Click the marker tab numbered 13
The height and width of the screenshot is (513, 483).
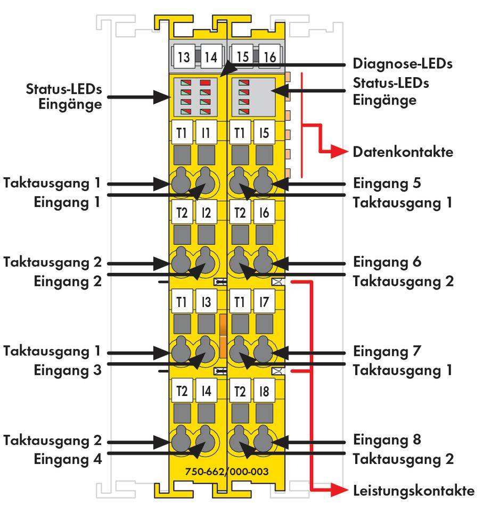coord(183,57)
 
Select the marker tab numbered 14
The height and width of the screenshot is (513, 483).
coord(211,57)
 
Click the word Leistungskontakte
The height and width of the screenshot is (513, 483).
coord(413,491)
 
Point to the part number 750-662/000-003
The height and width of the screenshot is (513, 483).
coord(227,471)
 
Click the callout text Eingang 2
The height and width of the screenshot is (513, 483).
coord(67,281)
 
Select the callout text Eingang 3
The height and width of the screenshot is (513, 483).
coord(67,370)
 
